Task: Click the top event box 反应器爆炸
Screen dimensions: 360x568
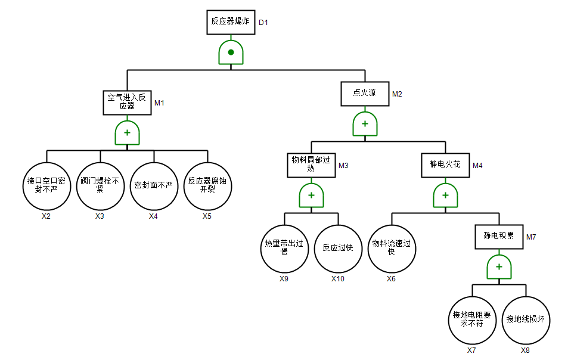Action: [231, 21]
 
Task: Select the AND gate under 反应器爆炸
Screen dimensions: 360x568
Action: [231, 52]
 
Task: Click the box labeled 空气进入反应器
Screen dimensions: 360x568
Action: [127, 102]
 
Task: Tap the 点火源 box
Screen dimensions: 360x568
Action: [365, 93]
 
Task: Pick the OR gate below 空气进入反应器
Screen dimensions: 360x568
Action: [127, 133]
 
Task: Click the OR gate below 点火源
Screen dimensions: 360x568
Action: [365, 124]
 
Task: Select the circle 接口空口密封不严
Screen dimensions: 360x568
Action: [46, 185]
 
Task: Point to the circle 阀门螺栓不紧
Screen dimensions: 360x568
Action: [100, 185]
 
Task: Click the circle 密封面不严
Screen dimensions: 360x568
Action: [154, 185]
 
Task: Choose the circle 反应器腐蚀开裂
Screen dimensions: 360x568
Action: [207, 185]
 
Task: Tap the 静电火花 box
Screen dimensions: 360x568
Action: [445, 164]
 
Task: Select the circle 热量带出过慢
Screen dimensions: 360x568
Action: [284, 248]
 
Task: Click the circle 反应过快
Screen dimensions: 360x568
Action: [338, 248]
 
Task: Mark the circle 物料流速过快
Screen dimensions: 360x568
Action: [392, 248]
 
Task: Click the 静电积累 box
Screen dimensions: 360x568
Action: [499, 235]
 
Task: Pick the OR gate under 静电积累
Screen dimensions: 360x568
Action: [499, 266]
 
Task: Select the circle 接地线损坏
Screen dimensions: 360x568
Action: [526, 319]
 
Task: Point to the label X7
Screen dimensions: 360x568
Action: [471, 350]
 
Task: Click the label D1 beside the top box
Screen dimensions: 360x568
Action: [263, 22]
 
